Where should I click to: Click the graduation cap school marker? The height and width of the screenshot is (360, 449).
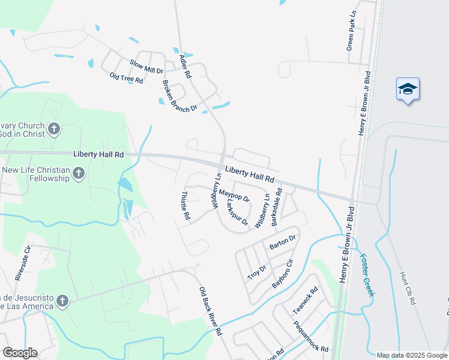click(x=408, y=89)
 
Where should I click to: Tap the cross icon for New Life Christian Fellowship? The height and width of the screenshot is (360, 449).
click(x=78, y=174)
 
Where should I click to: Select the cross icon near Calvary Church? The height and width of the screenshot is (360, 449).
click(x=53, y=129)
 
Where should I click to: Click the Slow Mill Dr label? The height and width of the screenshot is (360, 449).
click(x=146, y=67)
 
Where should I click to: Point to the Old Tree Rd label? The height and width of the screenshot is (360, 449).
click(x=126, y=77)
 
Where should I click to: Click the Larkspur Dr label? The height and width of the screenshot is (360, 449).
click(x=237, y=213)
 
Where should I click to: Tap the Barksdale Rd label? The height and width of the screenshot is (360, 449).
click(x=276, y=207)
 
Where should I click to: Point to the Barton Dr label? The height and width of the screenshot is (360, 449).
click(x=283, y=241)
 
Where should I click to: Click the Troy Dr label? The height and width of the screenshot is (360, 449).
click(x=257, y=273)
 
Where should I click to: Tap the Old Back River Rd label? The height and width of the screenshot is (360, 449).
click(x=211, y=311)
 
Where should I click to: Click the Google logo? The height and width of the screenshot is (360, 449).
click(x=19, y=353)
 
